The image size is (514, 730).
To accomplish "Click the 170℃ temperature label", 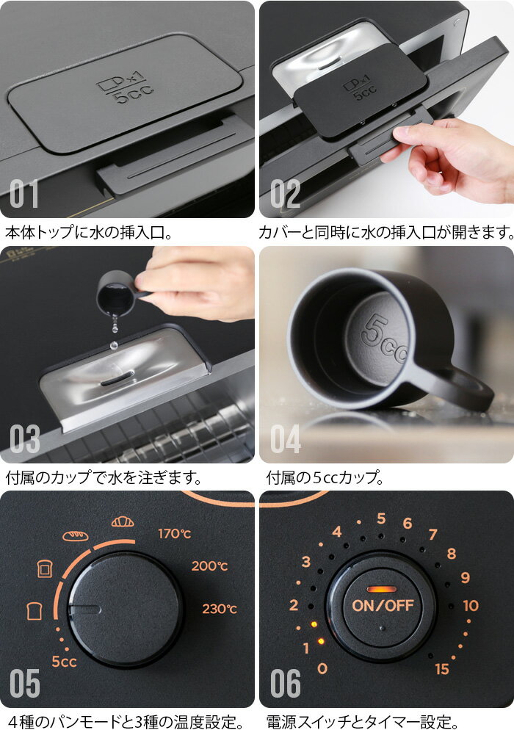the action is click(x=175, y=533).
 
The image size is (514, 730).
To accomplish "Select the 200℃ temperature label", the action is click(x=209, y=566).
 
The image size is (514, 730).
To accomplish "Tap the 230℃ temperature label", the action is click(x=220, y=609).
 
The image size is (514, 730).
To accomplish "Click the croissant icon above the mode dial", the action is click(x=123, y=521).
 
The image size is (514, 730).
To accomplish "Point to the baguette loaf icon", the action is click(x=76, y=535).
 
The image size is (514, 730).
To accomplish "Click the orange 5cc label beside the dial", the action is click(x=64, y=661).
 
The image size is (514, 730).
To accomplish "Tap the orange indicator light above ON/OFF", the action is click(x=382, y=590).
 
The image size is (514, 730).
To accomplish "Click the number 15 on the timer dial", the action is click(x=441, y=669).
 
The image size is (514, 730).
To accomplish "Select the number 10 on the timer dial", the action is click(x=471, y=605).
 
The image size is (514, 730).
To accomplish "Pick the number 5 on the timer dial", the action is click(x=381, y=518).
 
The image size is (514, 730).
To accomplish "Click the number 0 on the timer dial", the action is click(x=322, y=668).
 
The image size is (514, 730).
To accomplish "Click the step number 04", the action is click(x=286, y=438).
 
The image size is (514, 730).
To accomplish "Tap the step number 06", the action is click(x=286, y=683).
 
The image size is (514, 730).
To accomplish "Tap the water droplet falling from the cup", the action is click(x=114, y=345).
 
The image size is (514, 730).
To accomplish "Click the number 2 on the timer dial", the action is click(x=293, y=605).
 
